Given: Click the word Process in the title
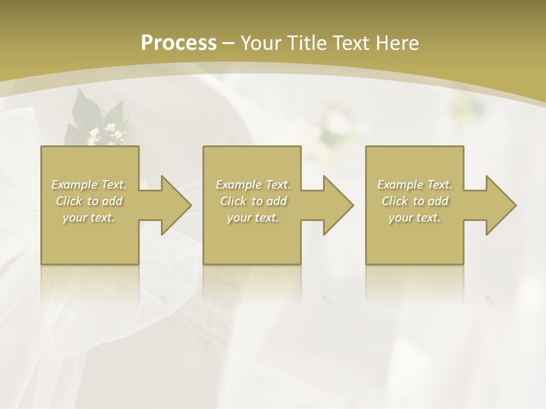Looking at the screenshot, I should point(179,43).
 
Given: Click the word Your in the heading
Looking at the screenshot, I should point(261,43).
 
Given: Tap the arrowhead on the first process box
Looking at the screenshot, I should point(175,205).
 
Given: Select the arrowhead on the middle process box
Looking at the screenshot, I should point(337,205).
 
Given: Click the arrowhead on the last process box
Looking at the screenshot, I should point(500,205).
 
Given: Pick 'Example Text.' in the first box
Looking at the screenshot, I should point(89,185).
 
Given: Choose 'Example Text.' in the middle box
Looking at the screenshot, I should point(253,185).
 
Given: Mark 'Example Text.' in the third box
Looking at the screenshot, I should point(415,185).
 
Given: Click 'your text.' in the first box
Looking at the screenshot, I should point(89,218).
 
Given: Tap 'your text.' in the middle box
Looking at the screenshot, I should point(253,218).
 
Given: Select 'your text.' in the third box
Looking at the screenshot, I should point(415,218).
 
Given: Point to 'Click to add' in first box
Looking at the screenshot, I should point(89,201).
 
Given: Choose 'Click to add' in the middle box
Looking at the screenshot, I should point(253,201).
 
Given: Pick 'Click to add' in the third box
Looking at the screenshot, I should point(415,201).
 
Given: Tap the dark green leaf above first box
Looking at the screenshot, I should point(85,108).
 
